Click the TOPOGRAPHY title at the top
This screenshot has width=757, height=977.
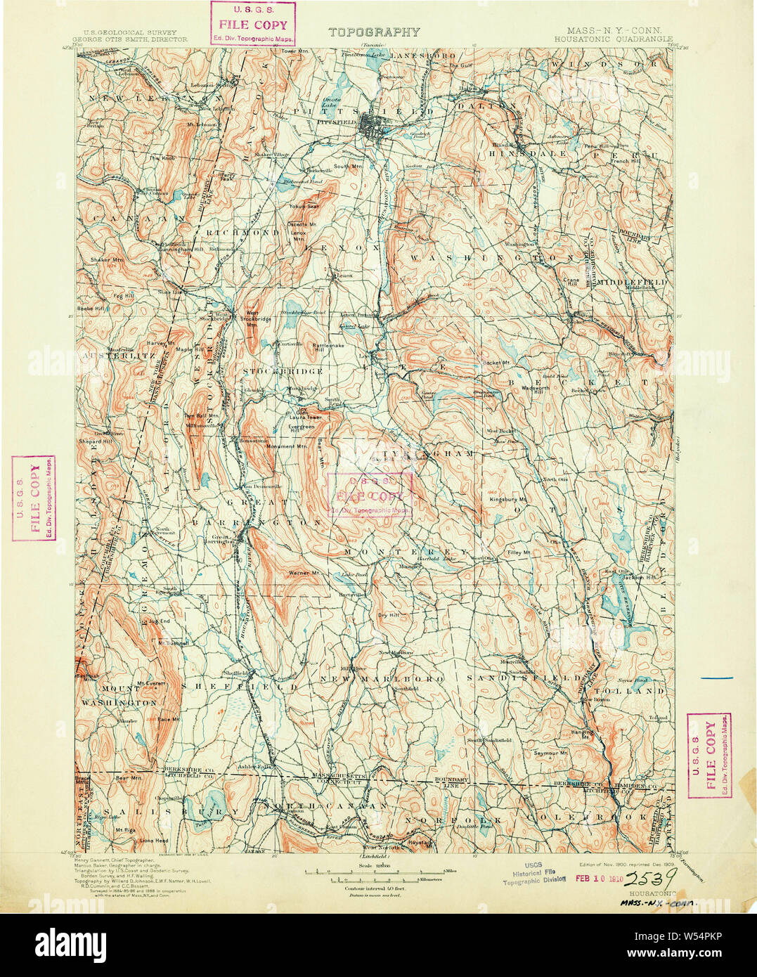373,32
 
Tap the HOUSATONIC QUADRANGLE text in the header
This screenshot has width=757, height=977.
612,40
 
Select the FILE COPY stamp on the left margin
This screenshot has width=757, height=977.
34,498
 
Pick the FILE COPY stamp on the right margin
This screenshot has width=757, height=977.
709,755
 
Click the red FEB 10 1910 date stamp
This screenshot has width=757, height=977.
597,877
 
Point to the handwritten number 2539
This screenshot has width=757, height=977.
650,877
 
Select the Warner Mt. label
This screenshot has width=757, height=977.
304,573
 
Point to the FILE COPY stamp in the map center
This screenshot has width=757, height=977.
369,495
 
